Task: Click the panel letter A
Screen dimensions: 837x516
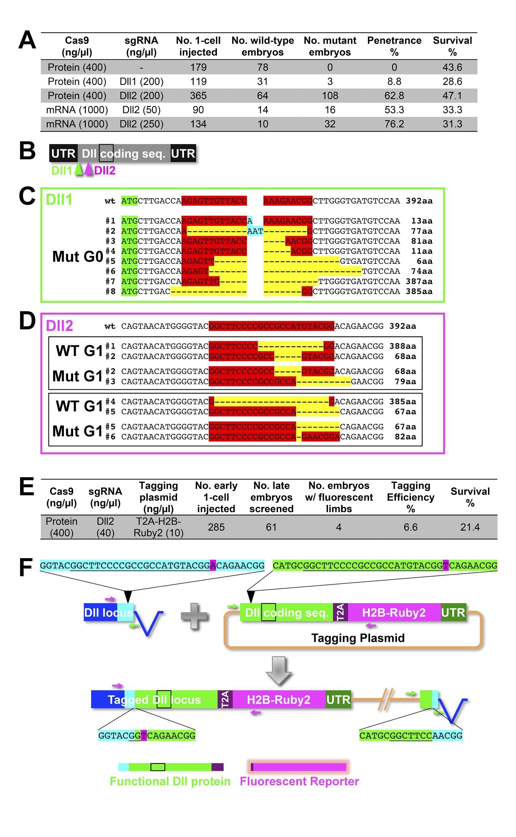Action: coord(27,40)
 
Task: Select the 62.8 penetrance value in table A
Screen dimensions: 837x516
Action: coord(394,95)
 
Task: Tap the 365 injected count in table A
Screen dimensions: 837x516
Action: coord(198,95)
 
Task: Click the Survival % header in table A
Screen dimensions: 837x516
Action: coord(452,46)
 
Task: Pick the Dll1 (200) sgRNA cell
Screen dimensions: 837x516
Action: coord(141,82)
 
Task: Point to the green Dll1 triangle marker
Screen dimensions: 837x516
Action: coord(79,169)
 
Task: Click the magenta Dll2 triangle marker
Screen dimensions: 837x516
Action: coord(89,169)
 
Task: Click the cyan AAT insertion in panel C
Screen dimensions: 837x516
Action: coord(255,231)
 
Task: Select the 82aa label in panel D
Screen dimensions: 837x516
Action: coord(405,437)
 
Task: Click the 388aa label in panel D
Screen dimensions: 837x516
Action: coord(403,346)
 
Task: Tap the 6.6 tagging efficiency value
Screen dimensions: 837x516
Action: coord(410,527)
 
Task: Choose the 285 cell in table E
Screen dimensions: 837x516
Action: coord(216,527)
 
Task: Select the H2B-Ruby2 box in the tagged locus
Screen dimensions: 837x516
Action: coord(279,700)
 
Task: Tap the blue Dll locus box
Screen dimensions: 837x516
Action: coord(101,612)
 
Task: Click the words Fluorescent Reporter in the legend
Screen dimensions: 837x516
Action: coord(299,781)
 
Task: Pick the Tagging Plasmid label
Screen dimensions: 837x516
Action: coord(358,638)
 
